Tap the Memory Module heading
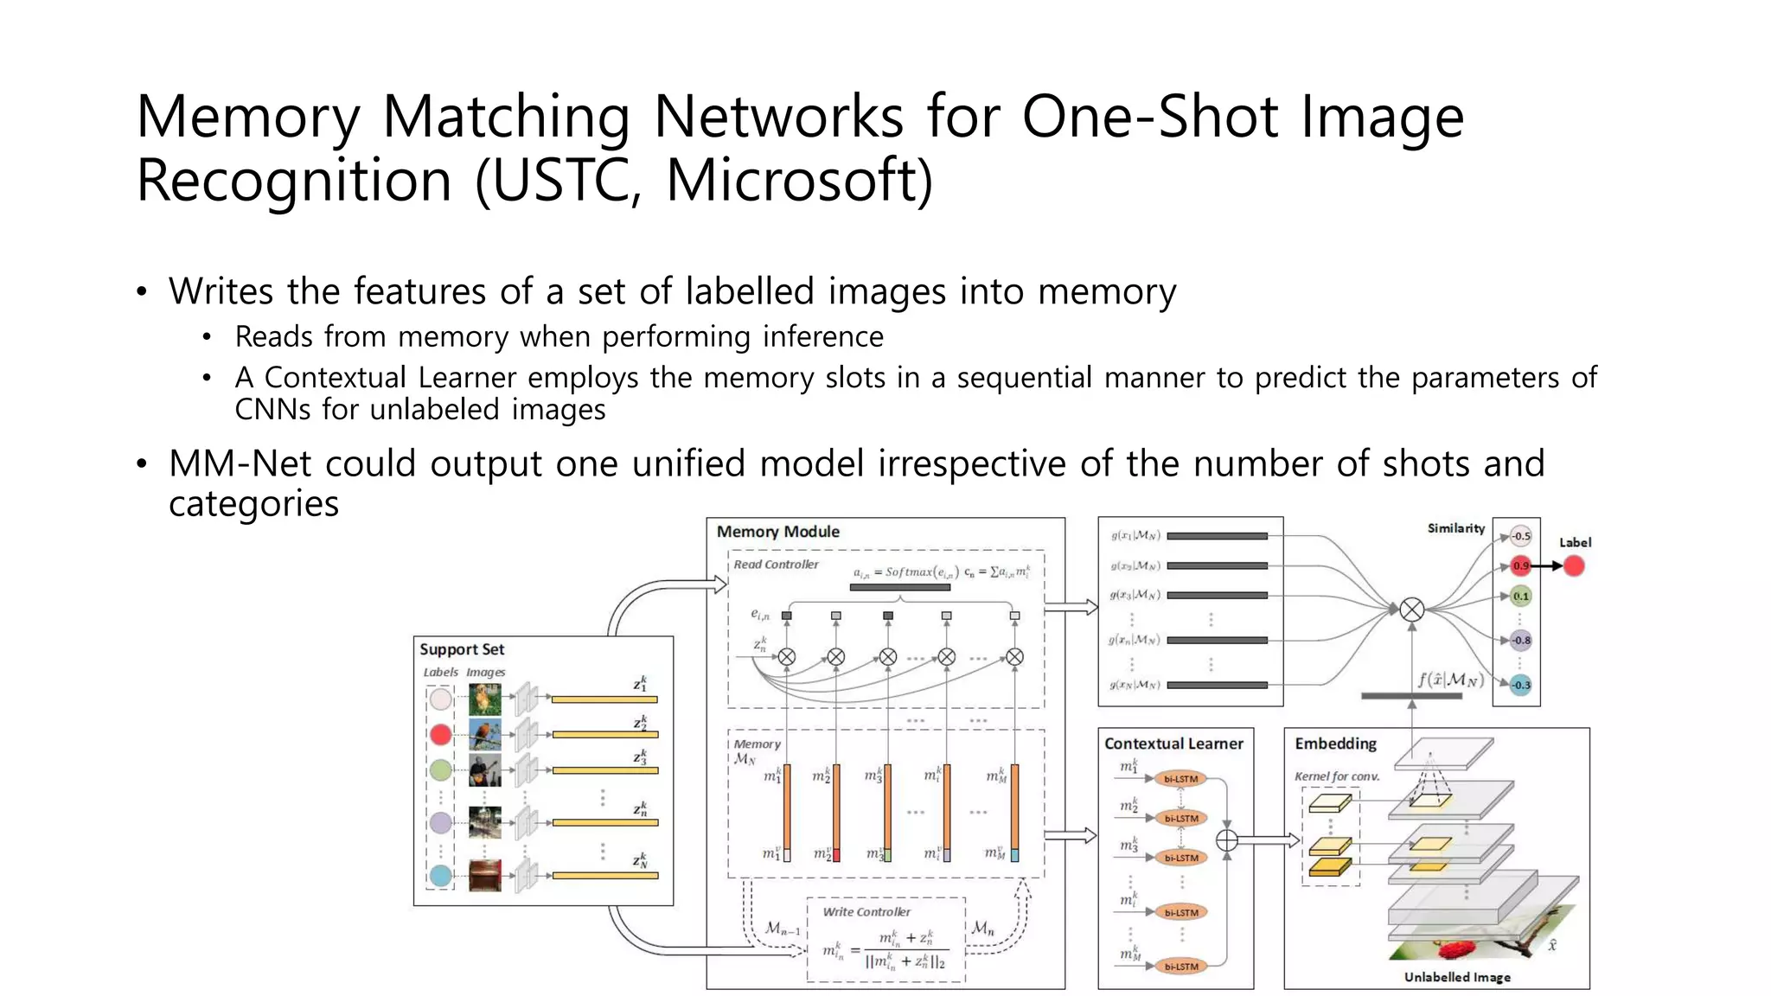click(x=777, y=532)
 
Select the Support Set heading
click(x=462, y=649)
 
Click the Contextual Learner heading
click(x=1173, y=744)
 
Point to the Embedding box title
click(x=1335, y=744)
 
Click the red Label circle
click(x=1574, y=566)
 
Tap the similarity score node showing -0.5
click(x=1521, y=536)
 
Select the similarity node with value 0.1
click(x=1521, y=596)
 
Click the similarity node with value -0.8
click(x=1521, y=641)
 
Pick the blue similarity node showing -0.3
click(x=1521, y=685)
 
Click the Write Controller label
click(x=866, y=912)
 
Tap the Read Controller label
click(x=776, y=565)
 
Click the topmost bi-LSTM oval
click(x=1180, y=779)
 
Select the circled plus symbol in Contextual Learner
click(x=1226, y=840)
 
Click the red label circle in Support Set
click(x=441, y=735)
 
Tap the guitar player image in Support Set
click(x=484, y=770)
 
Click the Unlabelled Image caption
click(x=1457, y=977)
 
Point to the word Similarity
click(x=1455, y=528)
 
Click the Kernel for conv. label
click(x=1336, y=776)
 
